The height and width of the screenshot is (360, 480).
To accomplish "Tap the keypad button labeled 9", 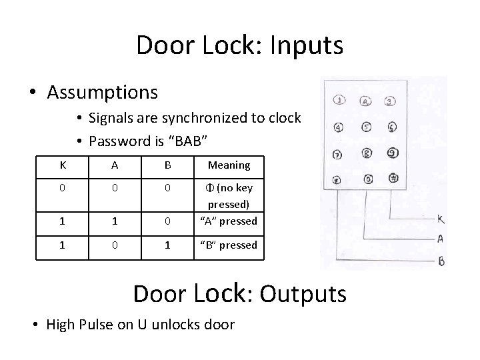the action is (392, 152).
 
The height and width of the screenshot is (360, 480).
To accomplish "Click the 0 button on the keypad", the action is (367, 179).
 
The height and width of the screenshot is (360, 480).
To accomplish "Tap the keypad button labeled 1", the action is (339, 101).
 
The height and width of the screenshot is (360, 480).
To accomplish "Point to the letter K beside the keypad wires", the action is (441, 219).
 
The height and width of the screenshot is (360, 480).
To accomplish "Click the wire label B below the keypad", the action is (441, 261).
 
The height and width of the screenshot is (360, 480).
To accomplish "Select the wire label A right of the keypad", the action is (441, 238).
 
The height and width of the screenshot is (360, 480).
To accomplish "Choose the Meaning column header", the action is (229, 165).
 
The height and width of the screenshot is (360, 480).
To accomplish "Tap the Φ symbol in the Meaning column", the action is (212, 187).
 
